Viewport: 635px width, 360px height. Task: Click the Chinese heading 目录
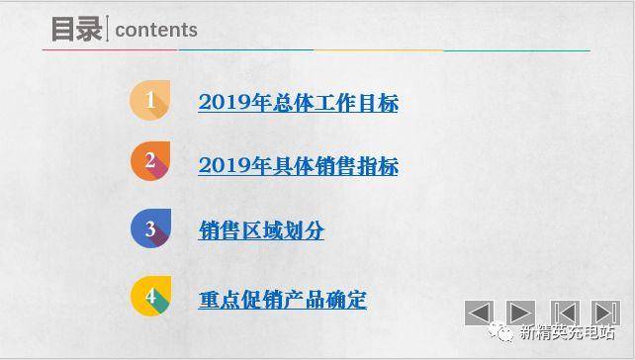(x=76, y=29)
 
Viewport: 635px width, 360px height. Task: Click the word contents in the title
(x=156, y=31)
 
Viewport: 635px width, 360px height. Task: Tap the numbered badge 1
(x=150, y=100)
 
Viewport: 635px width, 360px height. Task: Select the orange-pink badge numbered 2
(x=150, y=162)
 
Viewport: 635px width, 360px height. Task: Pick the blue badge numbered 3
(x=150, y=229)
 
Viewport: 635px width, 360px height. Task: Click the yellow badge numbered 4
(x=150, y=297)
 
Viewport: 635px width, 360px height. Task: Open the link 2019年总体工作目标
(x=298, y=103)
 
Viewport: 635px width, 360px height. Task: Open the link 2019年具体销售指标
(x=298, y=166)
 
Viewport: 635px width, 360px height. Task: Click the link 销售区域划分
(x=261, y=231)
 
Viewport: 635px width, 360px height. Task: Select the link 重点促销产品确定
(x=282, y=300)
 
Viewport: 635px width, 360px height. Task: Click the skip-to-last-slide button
(x=604, y=314)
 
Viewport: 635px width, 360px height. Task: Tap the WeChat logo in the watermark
(x=504, y=334)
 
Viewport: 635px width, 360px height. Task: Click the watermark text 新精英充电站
(x=568, y=334)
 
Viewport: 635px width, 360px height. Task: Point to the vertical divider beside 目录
(x=108, y=30)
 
